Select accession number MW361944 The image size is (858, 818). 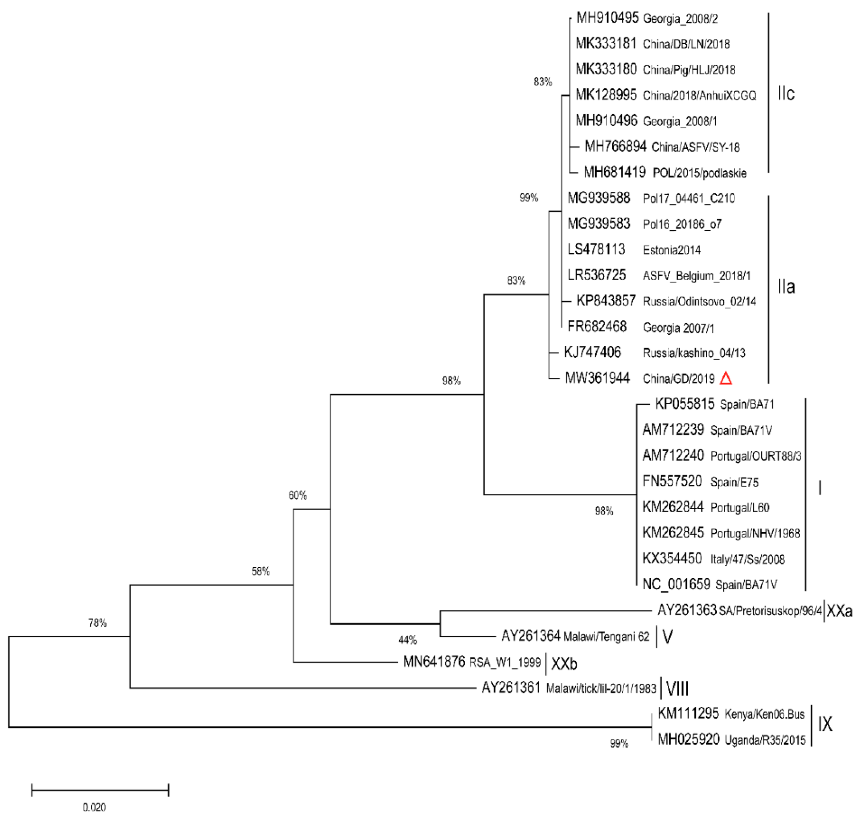pyautogui.click(x=597, y=378)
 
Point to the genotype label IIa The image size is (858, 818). pyautogui.click(x=786, y=287)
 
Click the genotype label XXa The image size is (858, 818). pyautogui.click(x=839, y=611)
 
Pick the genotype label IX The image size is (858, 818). pyautogui.click(x=825, y=724)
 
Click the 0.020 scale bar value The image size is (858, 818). pyautogui.click(x=94, y=807)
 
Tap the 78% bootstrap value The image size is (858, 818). pyautogui.click(x=97, y=623)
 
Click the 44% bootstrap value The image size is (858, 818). pyautogui.click(x=407, y=640)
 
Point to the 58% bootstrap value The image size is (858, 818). pyautogui.click(x=260, y=571)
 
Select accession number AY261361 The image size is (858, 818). pyautogui.click(x=511, y=688)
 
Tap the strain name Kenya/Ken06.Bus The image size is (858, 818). pyautogui.click(x=764, y=714)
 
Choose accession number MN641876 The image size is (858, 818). pyautogui.click(x=434, y=662)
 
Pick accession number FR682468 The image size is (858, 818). pyautogui.click(x=597, y=327)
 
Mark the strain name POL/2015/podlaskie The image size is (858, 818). pyautogui.click(x=699, y=173)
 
